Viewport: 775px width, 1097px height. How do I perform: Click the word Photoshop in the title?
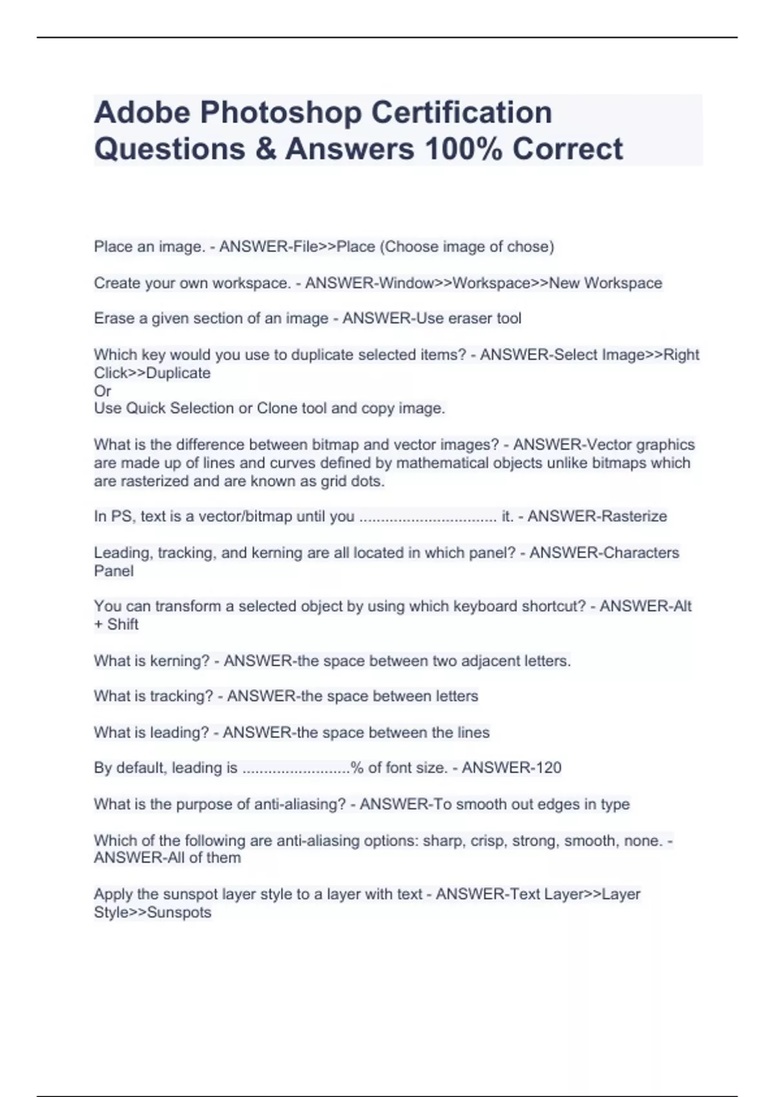click(x=281, y=112)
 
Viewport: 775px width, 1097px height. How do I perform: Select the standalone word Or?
click(x=103, y=391)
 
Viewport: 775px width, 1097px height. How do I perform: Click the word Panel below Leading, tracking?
click(x=114, y=571)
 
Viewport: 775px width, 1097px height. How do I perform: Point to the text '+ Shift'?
click(x=116, y=625)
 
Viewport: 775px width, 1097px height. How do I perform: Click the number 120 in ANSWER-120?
click(x=548, y=768)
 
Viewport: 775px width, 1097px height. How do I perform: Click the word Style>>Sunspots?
click(x=152, y=912)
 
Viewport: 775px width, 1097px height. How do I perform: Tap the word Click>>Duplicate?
click(x=152, y=373)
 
